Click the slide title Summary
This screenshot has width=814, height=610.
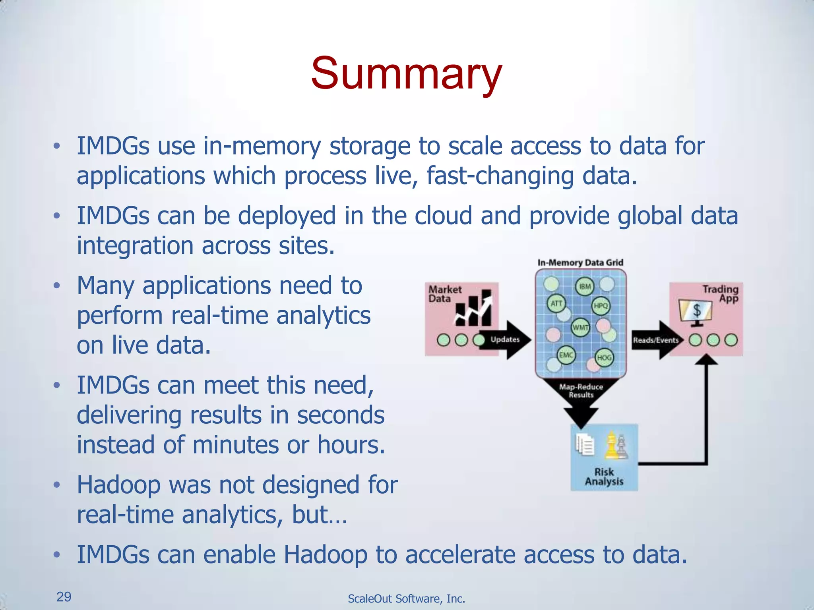pos(407,73)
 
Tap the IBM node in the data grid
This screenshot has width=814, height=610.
pos(585,286)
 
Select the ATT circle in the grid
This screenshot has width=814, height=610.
pos(556,304)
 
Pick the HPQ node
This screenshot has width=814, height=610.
pos(601,305)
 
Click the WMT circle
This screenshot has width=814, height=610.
pos(580,328)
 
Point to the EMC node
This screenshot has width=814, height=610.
pos(566,355)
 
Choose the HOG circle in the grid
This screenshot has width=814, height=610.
pos(604,357)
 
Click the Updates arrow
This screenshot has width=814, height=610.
pos(506,340)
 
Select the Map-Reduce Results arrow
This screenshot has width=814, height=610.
pos(581,397)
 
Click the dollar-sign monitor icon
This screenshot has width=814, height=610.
pos(696,312)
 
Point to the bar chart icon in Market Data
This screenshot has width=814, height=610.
pos(473,309)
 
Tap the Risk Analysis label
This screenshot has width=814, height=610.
pos(604,477)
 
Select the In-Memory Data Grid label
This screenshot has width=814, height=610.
pos(580,263)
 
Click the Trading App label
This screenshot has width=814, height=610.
pos(720,293)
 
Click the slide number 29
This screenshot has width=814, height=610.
pos(64,596)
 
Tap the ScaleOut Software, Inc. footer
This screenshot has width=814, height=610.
pos(406,598)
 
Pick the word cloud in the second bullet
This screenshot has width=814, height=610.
pos(443,216)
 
